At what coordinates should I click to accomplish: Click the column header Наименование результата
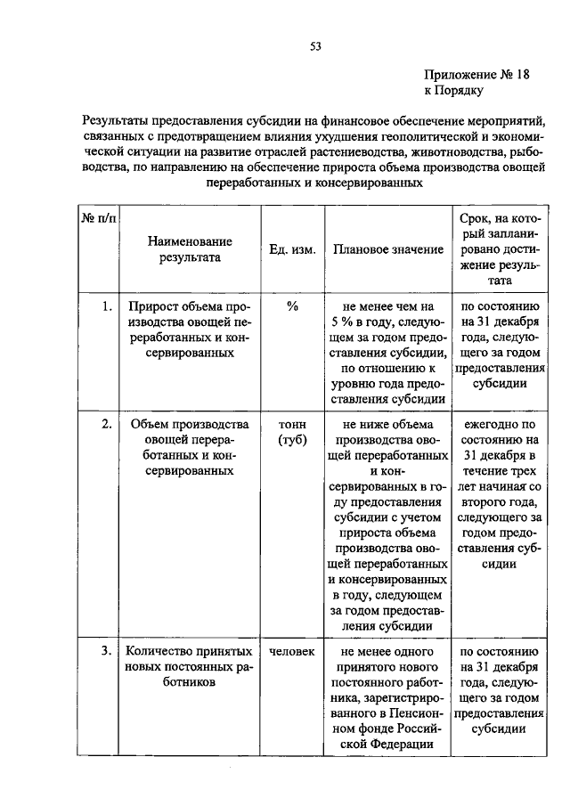190,249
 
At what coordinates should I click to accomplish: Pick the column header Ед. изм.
291,250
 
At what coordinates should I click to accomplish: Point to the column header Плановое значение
387,250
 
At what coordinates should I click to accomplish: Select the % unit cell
291,306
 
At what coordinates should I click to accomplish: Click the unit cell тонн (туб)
291,432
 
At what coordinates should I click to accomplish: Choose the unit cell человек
291,651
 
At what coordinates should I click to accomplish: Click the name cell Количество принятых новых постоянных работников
190,667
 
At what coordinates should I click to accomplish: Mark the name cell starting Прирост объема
190,330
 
